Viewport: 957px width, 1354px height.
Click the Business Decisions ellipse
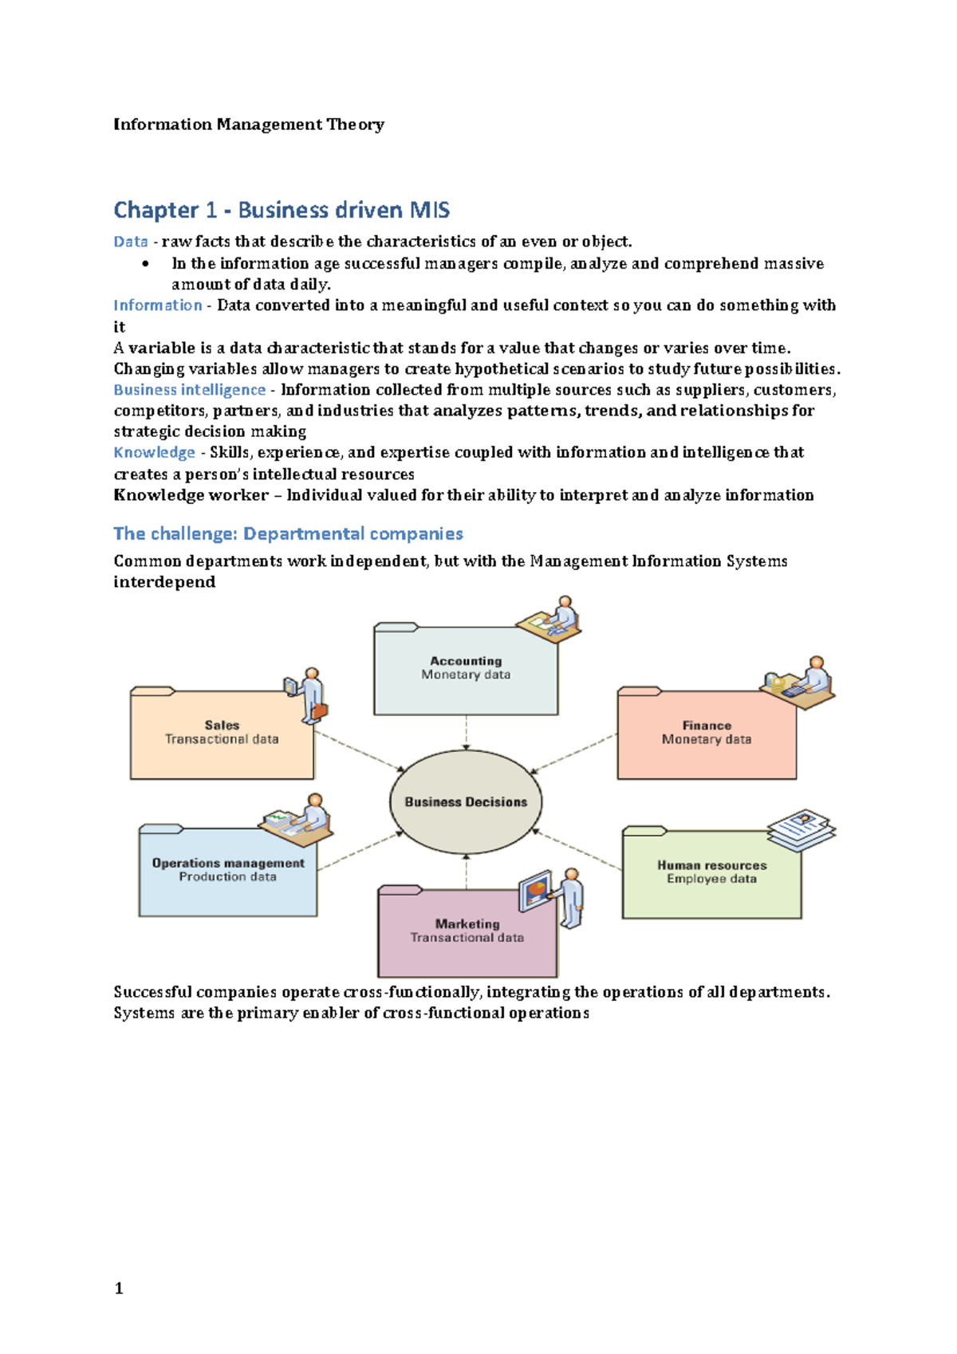click(466, 801)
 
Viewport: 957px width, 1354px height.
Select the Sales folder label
click(222, 725)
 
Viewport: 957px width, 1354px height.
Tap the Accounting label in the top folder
click(466, 660)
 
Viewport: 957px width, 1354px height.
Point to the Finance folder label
click(707, 725)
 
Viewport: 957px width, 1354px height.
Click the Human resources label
click(711, 864)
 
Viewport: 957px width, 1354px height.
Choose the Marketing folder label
click(467, 923)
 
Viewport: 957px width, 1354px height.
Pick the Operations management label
click(228, 863)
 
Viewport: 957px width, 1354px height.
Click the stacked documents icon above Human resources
click(801, 829)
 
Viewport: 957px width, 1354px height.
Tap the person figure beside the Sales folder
click(309, 695)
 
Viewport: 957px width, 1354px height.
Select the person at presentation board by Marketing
click(571, 897)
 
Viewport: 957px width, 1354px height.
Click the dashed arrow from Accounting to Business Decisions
click(466, 732)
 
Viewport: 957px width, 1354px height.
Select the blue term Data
click(131, 242)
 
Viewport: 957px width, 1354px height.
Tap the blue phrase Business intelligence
click(189, 390)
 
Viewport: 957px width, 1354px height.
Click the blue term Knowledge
click(154, 452)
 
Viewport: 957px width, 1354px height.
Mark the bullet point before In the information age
click(145, 264)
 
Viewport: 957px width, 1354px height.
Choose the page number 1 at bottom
click(119, 1288)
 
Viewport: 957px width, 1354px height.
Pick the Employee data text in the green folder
click(711, 879)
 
